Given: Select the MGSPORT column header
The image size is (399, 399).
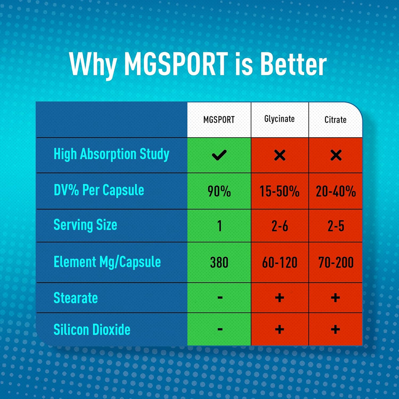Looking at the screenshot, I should pos(219,120).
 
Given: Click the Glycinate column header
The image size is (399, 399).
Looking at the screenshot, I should pos(279,119).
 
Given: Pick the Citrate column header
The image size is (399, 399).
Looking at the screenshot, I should pos(335,120).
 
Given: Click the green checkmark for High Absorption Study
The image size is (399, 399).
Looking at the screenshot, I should pos(219,155).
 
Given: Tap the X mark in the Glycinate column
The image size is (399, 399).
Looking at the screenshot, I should pos(280,155).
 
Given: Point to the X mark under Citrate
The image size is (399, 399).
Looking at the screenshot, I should pos(335,155).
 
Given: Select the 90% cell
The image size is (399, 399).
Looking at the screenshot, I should pos(219,192).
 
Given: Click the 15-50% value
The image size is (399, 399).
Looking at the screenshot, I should pos(280,192).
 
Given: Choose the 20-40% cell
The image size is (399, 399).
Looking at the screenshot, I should pos(335,192).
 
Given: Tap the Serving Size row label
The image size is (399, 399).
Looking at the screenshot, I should pos(85,225).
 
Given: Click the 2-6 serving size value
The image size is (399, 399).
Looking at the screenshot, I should pos(280,227).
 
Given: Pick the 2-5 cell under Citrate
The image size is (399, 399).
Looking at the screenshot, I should pos(335,227).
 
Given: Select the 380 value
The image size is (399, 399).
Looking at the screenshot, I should pos(219,263).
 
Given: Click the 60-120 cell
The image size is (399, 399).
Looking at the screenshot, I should pos(280,263).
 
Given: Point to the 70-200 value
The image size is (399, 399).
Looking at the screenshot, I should pos(335,263).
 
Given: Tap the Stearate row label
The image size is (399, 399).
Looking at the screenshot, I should pos(76,298).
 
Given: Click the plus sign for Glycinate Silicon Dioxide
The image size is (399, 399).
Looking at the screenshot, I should pos(280,330).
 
